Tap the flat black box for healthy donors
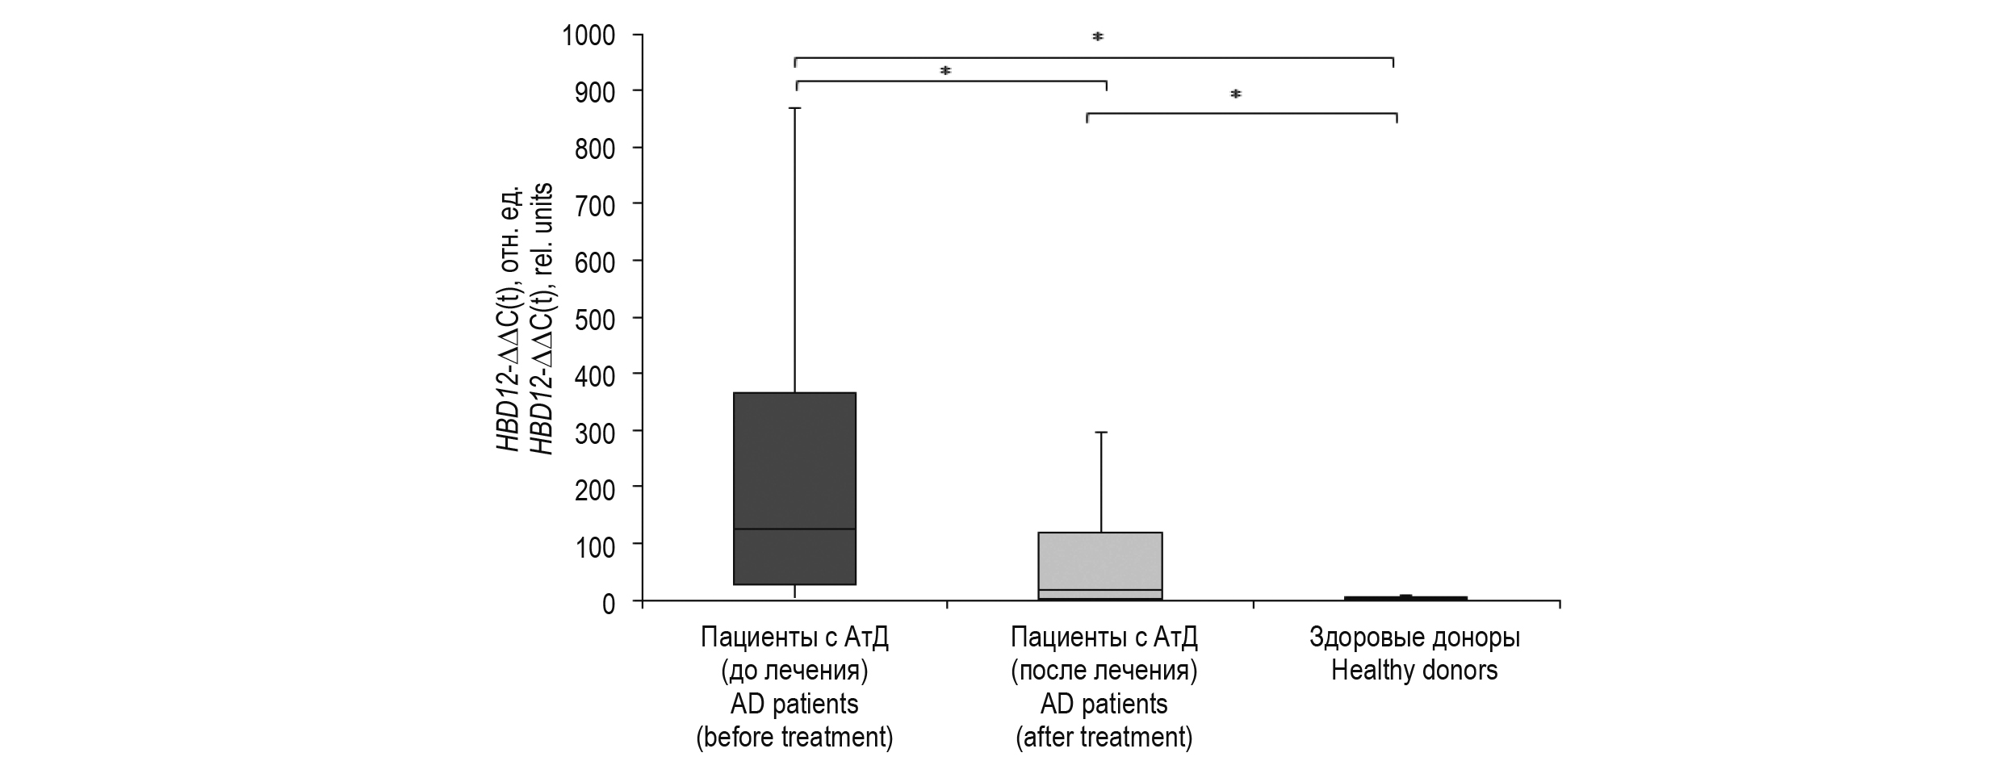pyautogui.click(x=1405, y=598)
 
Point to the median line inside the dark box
pyautogui.click(x=794, y=529)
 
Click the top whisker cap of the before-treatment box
pyautogui.click(x=795, y=108)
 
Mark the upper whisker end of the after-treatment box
pyautogui.click(x=1100, y=433)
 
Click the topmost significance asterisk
pyautogui.click(x=1098, y=37)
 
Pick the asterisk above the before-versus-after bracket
pyautogui.click(x=945, y=72)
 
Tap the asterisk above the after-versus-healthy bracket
pyautogui.click(x=1235, y=95)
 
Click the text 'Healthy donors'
pyautogui.click(x=1414, y=671)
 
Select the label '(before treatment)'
pyautogui.click(x=794, y=738)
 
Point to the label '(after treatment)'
pyautogui.click(x=1104, y=738)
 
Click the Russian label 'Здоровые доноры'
pyautogui.click(x=1414, y=638)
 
